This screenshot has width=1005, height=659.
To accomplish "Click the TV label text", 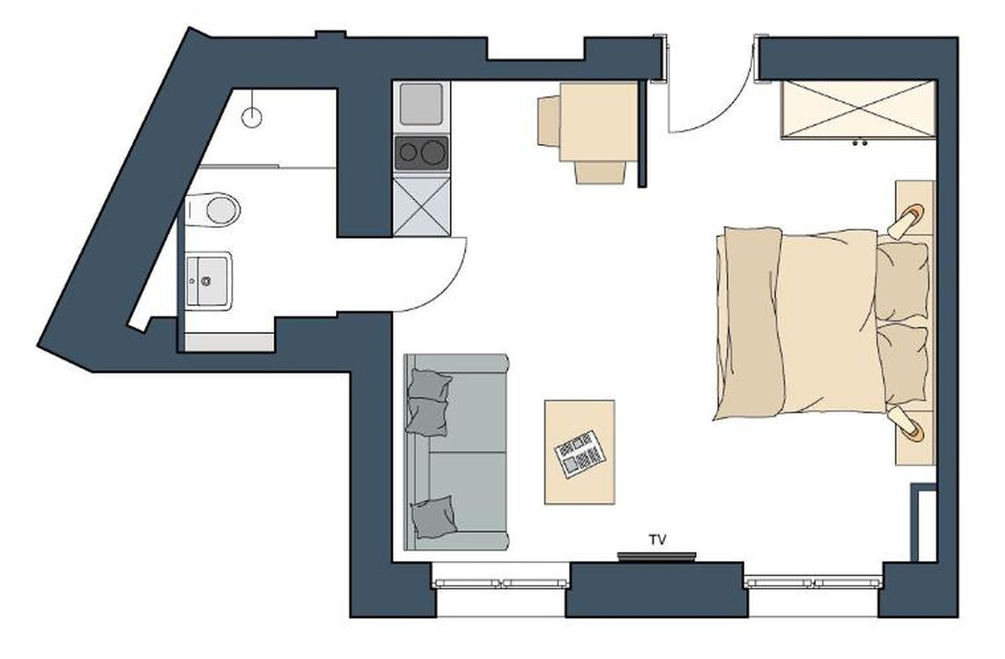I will [x=658, y=540].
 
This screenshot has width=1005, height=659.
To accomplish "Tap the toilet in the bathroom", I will [x=218, y=210].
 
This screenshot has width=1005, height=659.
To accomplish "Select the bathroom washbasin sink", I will [x=209, y=281].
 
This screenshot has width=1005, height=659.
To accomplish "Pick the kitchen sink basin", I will [x=421, y=104].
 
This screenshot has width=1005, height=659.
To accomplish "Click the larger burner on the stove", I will [x=433, y=152].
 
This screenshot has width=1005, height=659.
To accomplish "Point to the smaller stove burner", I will [x=408, y=152].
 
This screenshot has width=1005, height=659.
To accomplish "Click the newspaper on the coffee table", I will [x=580, y=454].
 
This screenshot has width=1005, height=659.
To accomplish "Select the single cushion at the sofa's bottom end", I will [x=433, y=517].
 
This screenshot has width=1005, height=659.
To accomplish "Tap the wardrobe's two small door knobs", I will [x=860, y=143].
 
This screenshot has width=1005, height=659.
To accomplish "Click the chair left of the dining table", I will [x=548, y=121].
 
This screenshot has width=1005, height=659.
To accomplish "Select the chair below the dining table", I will [x=599, y=173].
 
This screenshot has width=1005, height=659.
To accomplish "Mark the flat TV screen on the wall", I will [x=656, y=556].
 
